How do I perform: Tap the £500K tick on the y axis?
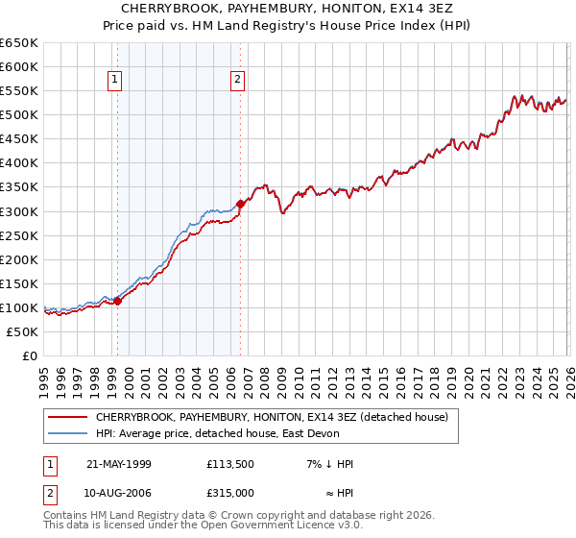click(x=19, y=114)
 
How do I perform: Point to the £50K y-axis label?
click(x=22, y=331)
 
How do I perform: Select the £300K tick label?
click(x=19, y=211)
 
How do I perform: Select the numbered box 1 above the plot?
click(x=115, y=81)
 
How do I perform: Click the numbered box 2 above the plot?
click(x=237, y=81)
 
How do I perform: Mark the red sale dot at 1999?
click(x=118, y=301)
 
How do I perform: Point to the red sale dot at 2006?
click(x=240, y=203)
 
